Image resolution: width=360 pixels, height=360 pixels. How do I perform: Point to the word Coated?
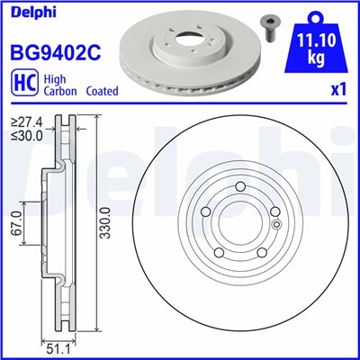coord(102,92)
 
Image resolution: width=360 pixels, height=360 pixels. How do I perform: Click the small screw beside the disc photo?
coord(269,25)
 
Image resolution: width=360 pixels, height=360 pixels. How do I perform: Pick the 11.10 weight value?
coord(315,40)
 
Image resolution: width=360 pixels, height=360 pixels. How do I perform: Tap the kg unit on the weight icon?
coord(315,58)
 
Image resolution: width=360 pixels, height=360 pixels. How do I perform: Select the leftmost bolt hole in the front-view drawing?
coord(205,211)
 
